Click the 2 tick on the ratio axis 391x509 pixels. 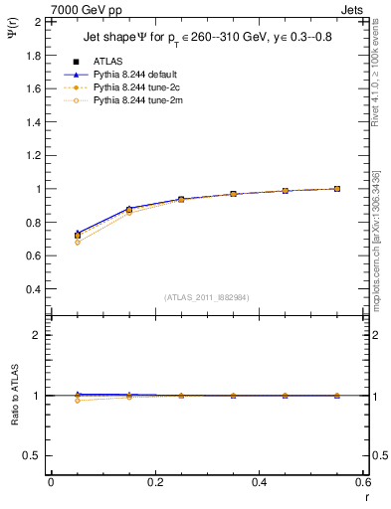[x=38, y=335]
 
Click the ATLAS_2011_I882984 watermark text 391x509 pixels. [x=207, y=296]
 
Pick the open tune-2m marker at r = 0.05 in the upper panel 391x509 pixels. [x=78, y=242]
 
